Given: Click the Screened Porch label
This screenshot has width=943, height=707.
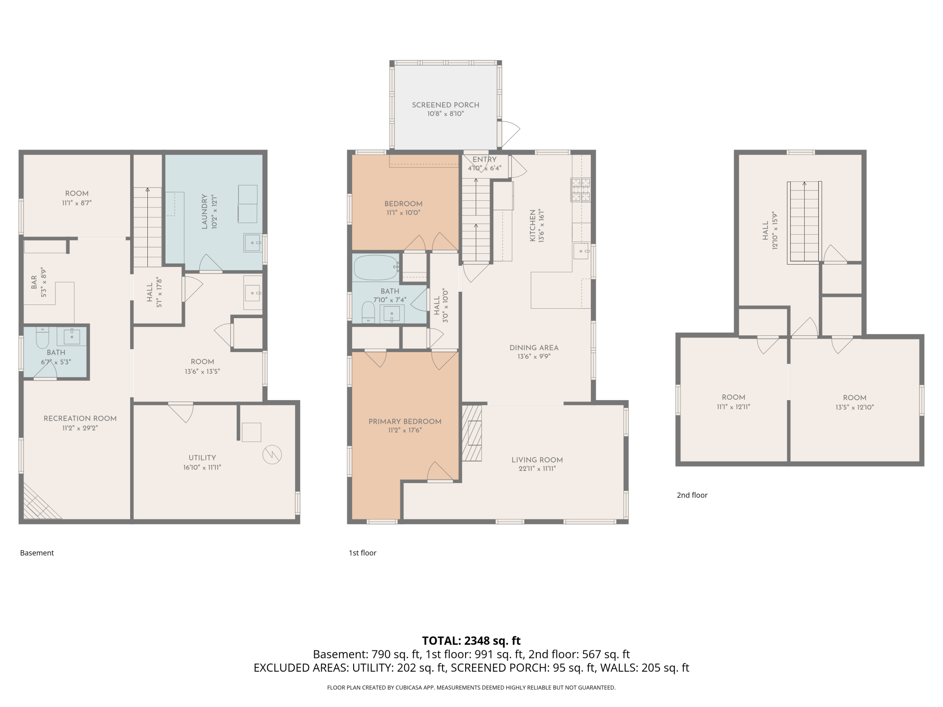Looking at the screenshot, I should [x=445, y=105].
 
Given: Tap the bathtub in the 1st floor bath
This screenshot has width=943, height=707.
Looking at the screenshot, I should [x=375, y=268].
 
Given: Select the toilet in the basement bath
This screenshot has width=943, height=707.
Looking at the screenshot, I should [x=42, y=337].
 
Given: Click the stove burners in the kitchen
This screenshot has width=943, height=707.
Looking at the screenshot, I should [x=581, y=190].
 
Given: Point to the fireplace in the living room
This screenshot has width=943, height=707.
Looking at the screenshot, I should [x=472, y=433].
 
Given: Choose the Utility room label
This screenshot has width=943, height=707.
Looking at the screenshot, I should [x=202, y=458].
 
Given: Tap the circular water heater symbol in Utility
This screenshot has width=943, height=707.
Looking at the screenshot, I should [x=272, y=455].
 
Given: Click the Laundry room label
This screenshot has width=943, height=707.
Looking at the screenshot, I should [x=204, y=212].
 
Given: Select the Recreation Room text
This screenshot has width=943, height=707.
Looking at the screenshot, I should [x=80, y=419].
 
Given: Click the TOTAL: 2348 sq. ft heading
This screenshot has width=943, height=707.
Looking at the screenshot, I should [x=471, y=640].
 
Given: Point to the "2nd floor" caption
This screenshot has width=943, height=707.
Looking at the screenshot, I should [x=692, y=495].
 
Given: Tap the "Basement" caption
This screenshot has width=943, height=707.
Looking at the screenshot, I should [x=37, y=553].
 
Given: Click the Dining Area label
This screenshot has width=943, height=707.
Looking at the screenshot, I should [x=534, y=348].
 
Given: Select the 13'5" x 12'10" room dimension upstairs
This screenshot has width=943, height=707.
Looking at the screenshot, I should [x=854, y=407].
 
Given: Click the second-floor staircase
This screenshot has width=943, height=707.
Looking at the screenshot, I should [x=804, y=222].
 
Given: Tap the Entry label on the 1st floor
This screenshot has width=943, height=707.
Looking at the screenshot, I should [x=484, y=160].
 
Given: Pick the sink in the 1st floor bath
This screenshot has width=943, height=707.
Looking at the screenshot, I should [x=392, y=313].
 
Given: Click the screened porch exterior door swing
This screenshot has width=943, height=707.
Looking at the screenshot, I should [x=510, y=132].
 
